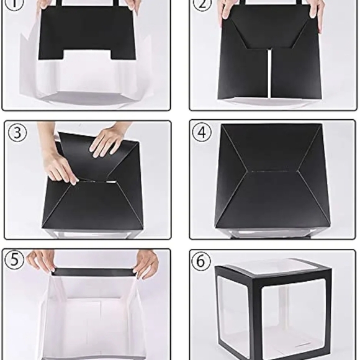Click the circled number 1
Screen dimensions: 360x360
(x=14, y=4)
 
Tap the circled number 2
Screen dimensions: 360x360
(x=202, y=4)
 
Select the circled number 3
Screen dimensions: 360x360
(x=17, y=133)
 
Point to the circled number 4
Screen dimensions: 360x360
(x=202, y=133)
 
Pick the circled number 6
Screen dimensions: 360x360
(x=201, y=261)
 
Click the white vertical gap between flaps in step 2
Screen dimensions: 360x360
(x=269, y=74)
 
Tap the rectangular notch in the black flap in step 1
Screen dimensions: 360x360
(x=88, y=55)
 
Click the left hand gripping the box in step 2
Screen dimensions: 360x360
(x=225, y=11)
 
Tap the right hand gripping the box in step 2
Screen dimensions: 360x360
(x=317, y=11)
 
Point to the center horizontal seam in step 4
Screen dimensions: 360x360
(x=272, y=171)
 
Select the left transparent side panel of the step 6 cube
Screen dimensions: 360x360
(x=233, y=317)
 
